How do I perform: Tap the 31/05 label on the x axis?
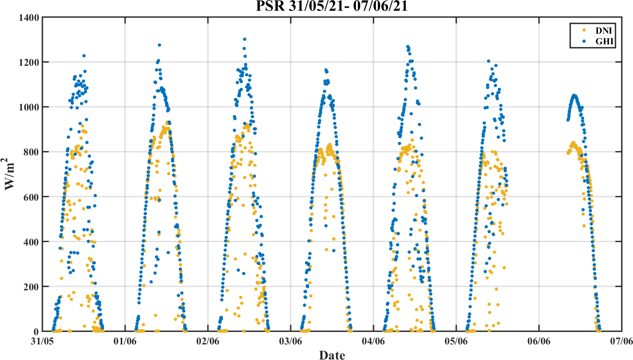click(x=43, y=342)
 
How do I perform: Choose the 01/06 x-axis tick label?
click(x=126, y=342)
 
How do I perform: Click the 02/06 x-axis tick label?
click(x=208, y=342)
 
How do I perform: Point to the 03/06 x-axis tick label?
click(x=291, y=342)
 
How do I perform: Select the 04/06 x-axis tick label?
click(x=374, y=342)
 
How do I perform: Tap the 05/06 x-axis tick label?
click(x=457, y=342)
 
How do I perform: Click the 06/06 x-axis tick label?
click(x=539, y=342)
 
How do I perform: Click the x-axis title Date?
click(x=332, y=355)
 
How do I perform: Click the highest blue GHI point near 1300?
click(x=244, y=39)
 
